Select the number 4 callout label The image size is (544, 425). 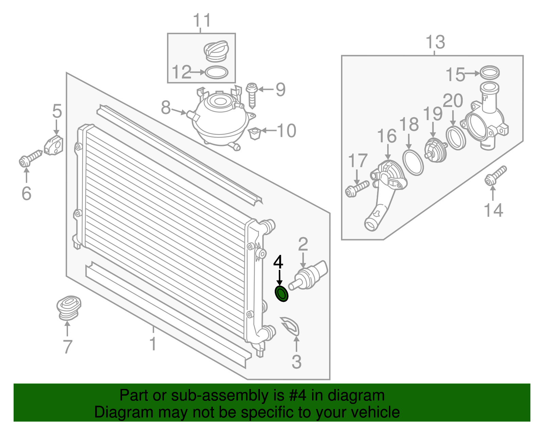point(278,262)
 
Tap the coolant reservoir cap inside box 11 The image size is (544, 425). point(216,51)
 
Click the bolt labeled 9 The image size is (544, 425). point(252,96)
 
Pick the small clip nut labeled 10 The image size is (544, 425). point(255,133)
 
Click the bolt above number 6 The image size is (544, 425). point(30,158)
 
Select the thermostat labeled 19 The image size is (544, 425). point(436,150)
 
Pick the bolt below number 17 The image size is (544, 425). point(357,189)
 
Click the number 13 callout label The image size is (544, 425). point(435,42)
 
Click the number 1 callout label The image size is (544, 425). point(153,344)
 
